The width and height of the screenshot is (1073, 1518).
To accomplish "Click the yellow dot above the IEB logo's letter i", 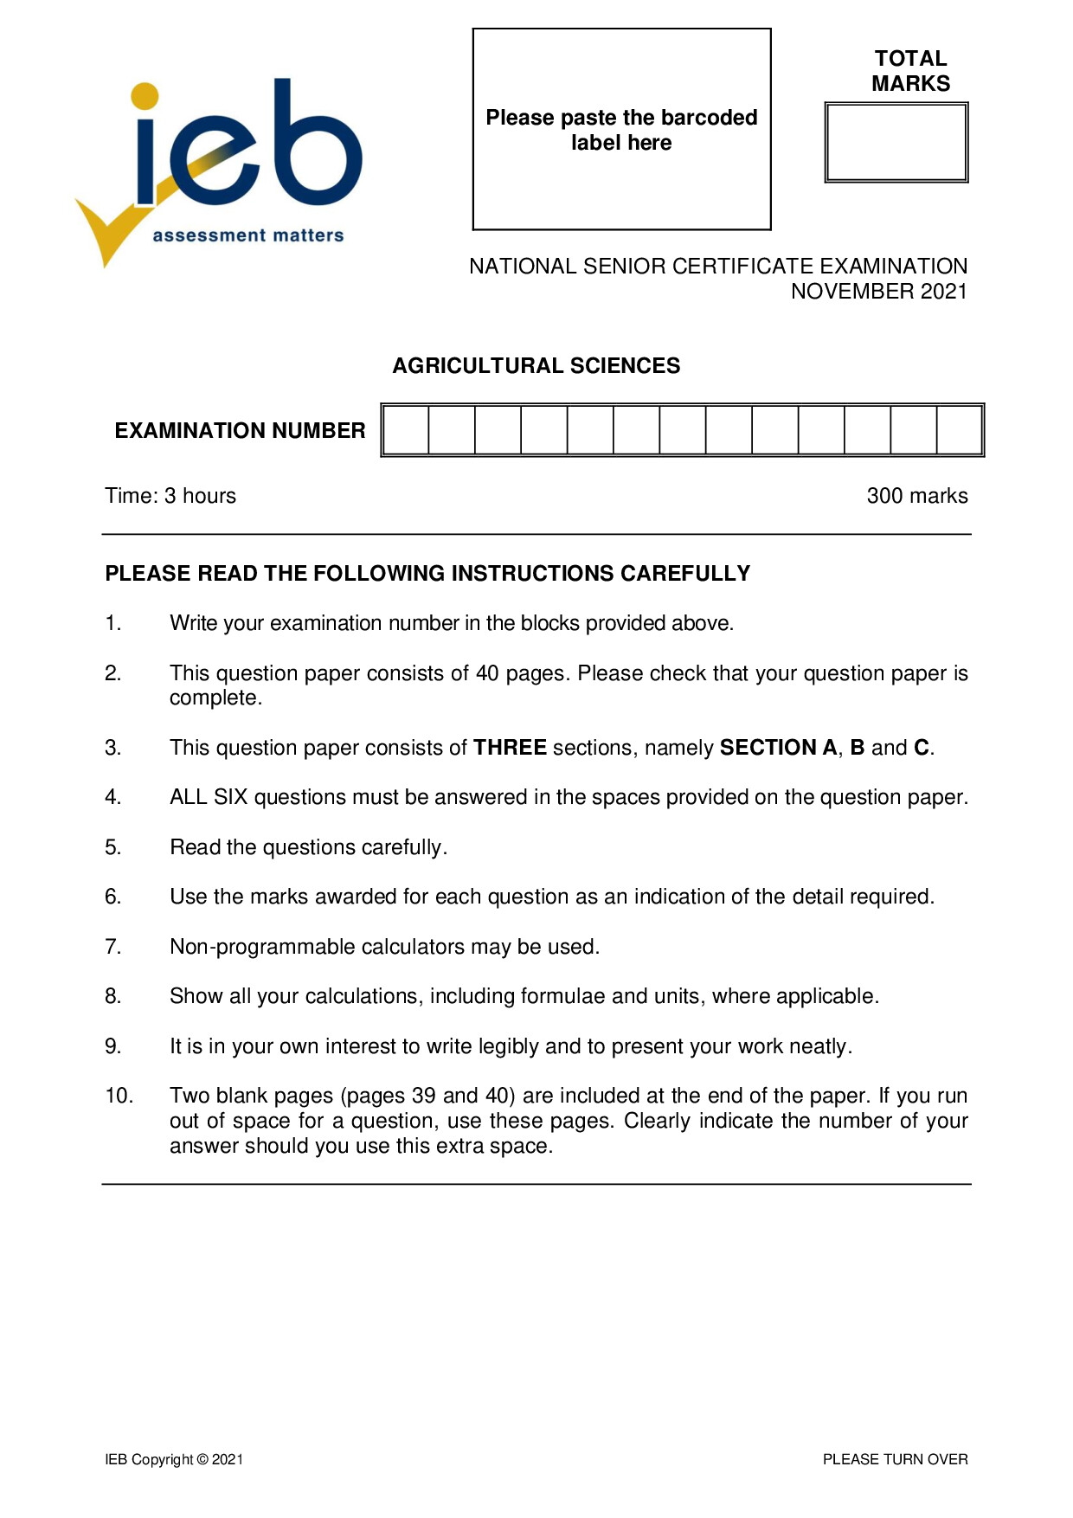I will click(145, 96).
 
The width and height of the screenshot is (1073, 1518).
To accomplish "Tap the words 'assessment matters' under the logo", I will click(248, 235).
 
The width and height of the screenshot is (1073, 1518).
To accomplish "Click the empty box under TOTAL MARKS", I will click(896, 143).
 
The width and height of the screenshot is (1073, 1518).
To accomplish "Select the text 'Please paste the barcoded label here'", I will click(621, 130).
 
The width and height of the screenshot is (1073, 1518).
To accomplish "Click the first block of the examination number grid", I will click(406, 430).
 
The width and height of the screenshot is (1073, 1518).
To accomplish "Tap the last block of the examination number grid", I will click(959, 430).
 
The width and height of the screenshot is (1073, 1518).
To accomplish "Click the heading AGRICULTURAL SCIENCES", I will click(536, 366).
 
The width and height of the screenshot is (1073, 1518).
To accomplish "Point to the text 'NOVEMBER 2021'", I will click(878, 292).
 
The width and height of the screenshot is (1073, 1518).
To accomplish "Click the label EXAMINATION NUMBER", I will click(240, 431).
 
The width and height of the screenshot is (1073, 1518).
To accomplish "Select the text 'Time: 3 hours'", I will click(170, 496).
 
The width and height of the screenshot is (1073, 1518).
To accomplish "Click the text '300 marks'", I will click(916, 496).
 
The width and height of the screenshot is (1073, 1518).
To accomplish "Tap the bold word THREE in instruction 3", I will click(510, 748).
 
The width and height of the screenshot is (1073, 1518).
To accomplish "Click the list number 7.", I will click(113, 947).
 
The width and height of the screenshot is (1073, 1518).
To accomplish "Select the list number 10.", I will click(119, 1096).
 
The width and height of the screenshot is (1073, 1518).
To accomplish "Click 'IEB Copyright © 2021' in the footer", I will click(174, 1459).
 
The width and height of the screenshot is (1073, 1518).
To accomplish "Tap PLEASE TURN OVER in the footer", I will click(895, 1459).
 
